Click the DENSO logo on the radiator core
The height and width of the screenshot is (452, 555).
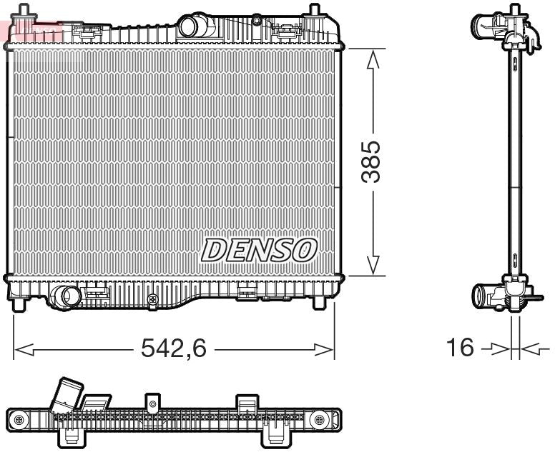[259, 250]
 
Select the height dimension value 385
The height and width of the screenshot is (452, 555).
[371, 161]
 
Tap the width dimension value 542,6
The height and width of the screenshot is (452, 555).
[173, 348]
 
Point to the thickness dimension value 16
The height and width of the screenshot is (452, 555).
[460, 348]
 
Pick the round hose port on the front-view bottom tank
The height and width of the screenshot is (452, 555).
[67, 296]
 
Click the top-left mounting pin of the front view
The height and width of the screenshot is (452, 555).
[24, 10]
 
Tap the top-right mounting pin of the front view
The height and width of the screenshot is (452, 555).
[313, 10]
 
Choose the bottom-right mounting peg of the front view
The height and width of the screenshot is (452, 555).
[320, 304]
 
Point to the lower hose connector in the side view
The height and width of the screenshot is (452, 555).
[486, 295]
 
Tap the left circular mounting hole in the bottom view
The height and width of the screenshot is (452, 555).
[20, 418]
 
